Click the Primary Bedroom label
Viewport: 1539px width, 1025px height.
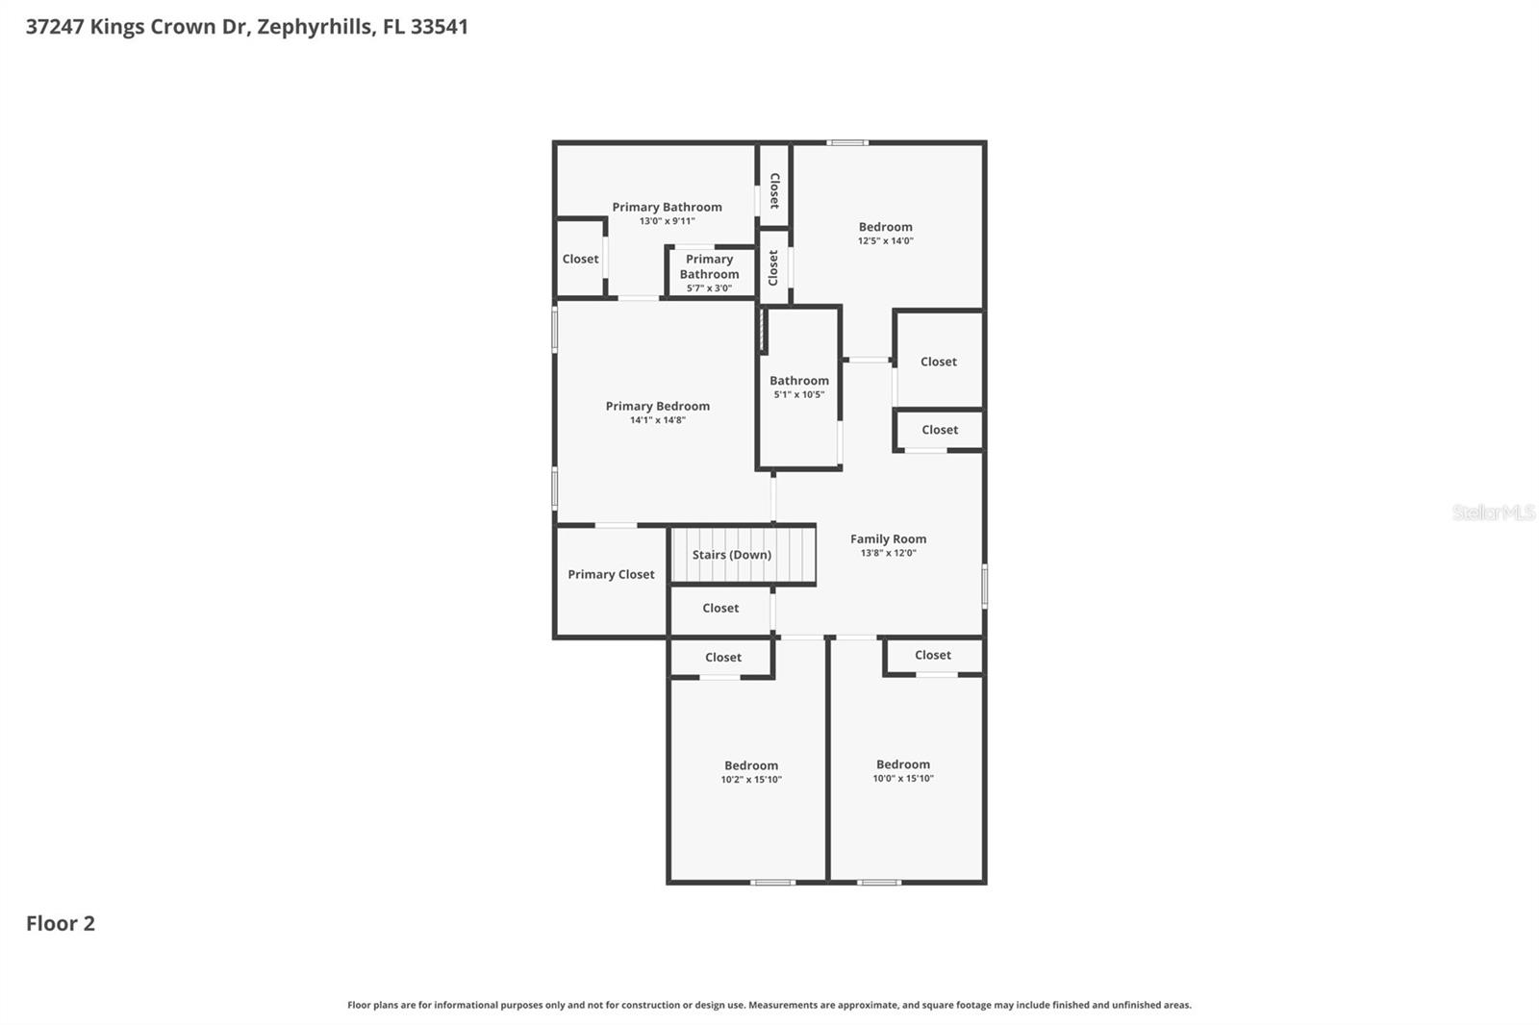pyautogui.click(x=657, y=406)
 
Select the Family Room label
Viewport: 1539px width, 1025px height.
pyautogui.click(x=888, y=538)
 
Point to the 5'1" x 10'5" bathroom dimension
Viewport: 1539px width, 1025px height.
pyautogui.click(x=798, y=394)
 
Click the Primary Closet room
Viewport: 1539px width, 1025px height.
pyautogui.click(x=611, y=575)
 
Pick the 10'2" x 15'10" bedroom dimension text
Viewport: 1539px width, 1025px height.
pyautogui.click(x=751, y=780)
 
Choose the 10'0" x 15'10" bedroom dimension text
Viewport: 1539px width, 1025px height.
pyautogui.click(x=902, y=779)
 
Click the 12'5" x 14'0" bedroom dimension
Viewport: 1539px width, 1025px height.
pyautogui.click(x=885, y=241)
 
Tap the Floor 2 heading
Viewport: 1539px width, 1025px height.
pyautogui.click(x=61, y=923)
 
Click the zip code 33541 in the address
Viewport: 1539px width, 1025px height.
pyautogui.click(x=439, y=27)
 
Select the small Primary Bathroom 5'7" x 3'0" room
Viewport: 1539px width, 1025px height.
pyautogui.click(x=710, y=273)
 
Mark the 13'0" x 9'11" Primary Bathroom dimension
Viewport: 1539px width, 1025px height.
pyautogui.click(x=667, y=221)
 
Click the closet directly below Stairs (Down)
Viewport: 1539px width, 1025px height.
pyautogui.click(x=720, y=609)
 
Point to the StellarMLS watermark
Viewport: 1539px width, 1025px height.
pyautogui.click(x=1493, y=512)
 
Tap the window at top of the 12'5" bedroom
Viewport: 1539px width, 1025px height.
pyautogui.click(x=846, y=143)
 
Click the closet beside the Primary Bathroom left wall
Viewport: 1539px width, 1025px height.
pyautogui.click(x=580, y=259)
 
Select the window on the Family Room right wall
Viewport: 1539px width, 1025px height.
pyautogui.click(x=984, y=586)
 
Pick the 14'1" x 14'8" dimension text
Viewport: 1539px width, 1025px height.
pyautogui.click(x=657, y=420)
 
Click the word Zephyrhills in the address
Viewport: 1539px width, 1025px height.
pyautogui.click(x=314, y=27)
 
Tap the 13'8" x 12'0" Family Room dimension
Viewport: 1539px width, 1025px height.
pyautogui.click(x=888, y=553)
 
